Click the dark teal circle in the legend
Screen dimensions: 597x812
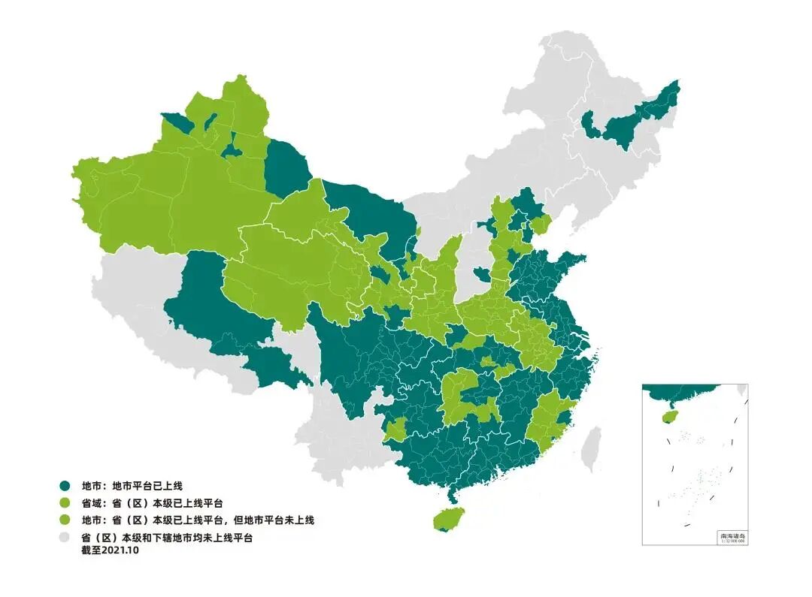point(65,486)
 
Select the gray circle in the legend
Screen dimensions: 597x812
point(65,538)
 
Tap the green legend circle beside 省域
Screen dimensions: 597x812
point(65,503)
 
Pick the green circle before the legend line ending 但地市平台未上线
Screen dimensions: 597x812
point(65,520)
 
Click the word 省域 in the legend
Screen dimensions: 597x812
point(92,503)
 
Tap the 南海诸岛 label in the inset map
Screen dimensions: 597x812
point(732,535)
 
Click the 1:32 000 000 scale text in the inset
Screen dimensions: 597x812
point(732,541)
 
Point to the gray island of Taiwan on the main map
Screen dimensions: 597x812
point(592,448)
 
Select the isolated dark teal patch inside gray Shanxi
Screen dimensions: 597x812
point(480,273)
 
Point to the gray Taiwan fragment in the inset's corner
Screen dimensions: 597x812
point(741,391)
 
